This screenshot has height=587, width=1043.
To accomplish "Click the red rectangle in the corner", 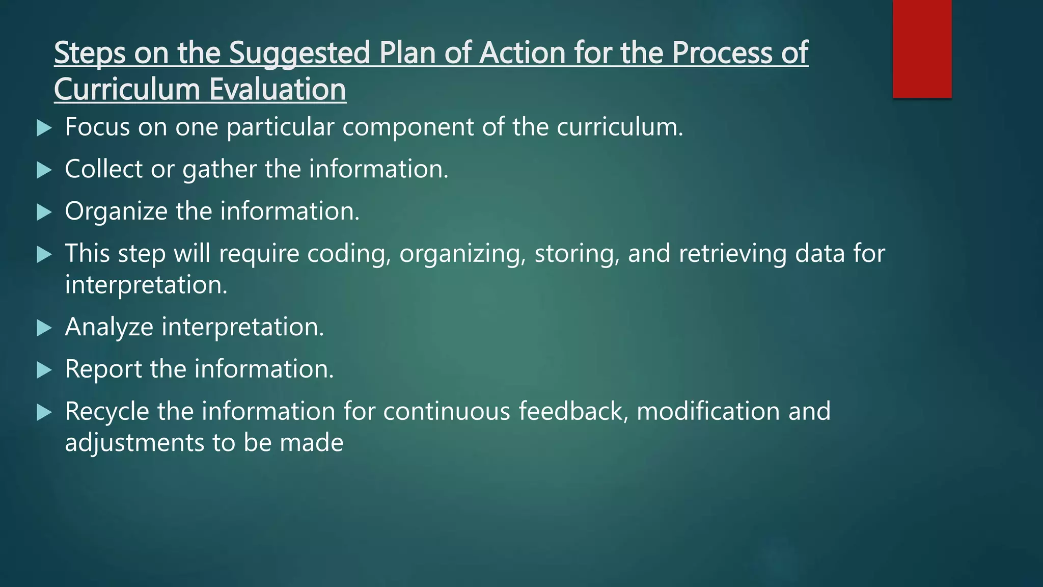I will [922, 48].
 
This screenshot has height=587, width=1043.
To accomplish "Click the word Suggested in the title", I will [299, 53].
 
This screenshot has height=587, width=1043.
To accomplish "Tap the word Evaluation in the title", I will [278, 90].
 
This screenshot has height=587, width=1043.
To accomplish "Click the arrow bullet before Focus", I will [45, 128].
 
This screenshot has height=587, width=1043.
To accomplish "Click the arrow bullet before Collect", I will [45, 170].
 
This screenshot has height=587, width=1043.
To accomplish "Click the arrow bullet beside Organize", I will [45, 212].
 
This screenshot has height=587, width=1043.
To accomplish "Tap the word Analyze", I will [109, 327].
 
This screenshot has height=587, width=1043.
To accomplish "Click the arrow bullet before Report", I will [45, 370].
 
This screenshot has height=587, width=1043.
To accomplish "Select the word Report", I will [103, 369].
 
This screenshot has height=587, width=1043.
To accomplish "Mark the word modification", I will [708, 411].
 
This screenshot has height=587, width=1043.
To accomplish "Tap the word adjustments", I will [134, 443].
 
